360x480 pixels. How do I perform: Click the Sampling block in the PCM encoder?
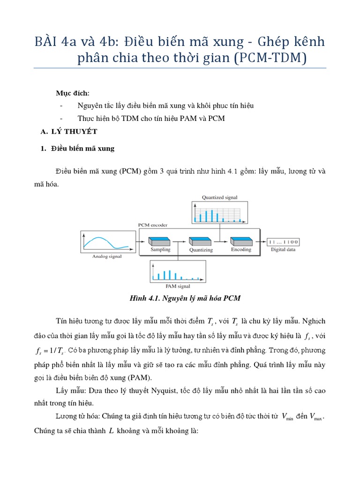coord(159,241)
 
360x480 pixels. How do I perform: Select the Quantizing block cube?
coord(200,241)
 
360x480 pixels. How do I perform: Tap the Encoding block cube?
coord(240,241)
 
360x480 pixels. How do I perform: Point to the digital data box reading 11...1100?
coord(284,241)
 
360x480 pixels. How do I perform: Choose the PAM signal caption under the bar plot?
coord(178,285)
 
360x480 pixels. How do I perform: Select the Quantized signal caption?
coord(219,197)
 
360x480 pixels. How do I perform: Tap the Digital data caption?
coord(283,249)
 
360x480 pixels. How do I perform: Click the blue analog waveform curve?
coord(101,240)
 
